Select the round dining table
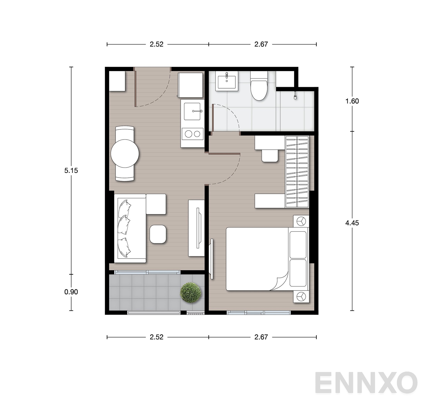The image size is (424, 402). pos(125,154)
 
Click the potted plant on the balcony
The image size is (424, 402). pos(191,293)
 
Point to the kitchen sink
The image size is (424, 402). pos(192,111)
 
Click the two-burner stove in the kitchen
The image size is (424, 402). pos(192,134)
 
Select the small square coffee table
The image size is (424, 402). pos(158,234)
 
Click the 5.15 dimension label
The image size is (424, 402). pos(71,171)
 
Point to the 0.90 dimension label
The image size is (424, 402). pos(71,292)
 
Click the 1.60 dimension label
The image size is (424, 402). pos(352,101)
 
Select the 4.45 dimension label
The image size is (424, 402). pos(352,223)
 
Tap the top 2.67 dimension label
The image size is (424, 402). pos(261,44)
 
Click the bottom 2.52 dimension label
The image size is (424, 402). pos(157,337)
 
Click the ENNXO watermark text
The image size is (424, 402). pos(366,383)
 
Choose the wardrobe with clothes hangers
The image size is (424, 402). pos(297,172)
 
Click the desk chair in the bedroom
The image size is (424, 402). pos(270,156)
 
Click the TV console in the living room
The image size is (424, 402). pos(196,228)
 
